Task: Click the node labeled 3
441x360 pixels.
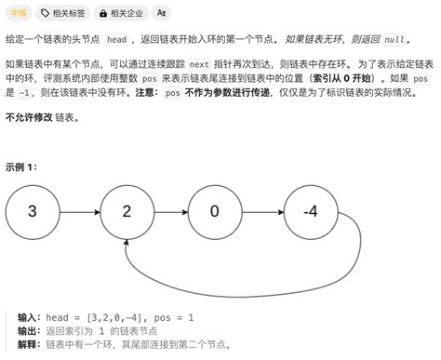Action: click(32, 211)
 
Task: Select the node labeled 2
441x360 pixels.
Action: click(126, 211)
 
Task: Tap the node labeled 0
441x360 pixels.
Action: click(215, 211)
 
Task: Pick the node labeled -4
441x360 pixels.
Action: click(311, 211)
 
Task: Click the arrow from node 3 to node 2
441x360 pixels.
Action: click(78, 211)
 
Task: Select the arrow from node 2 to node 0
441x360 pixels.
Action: click(170, 211)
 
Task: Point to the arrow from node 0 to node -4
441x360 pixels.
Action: click(262, 211)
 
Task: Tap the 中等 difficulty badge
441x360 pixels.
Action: click(19, 13)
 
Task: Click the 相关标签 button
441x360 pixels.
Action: click(62, 13)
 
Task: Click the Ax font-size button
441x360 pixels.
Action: click(163, 13)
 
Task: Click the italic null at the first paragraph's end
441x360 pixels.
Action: click(394, 41)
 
